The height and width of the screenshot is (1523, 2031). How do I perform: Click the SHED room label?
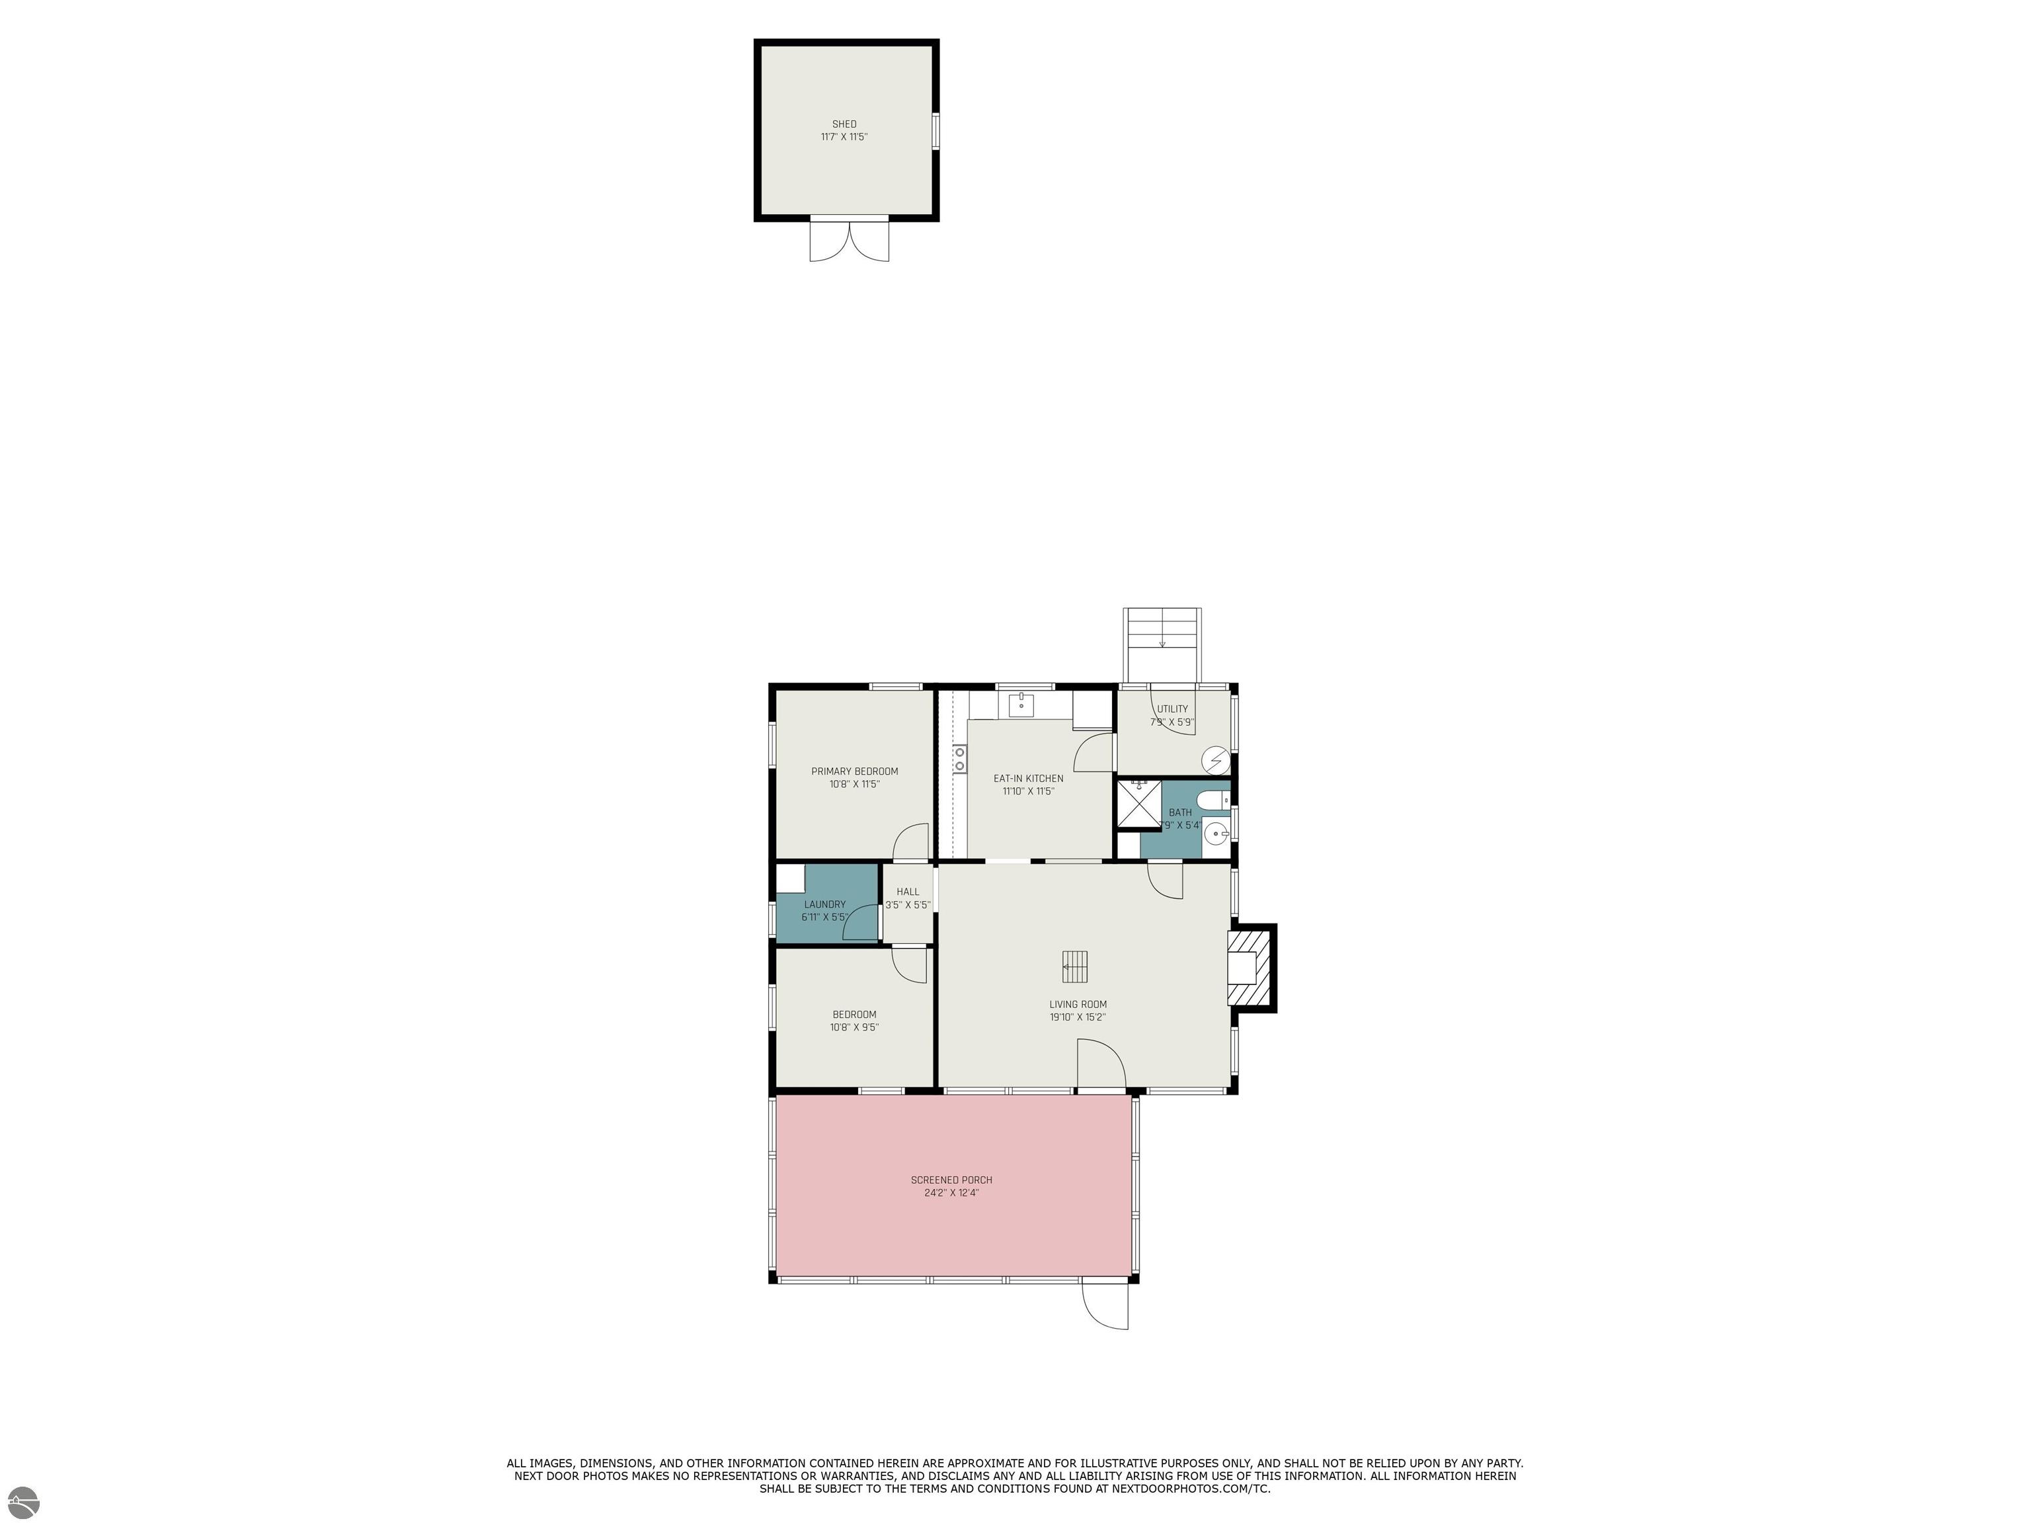(x=844, y=124)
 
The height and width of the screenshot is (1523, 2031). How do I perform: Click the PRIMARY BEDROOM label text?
(x=854, y=771)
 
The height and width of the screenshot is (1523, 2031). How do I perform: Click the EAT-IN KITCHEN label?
(x=1028, y=779)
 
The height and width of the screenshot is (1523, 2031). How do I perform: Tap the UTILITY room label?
(x=1172, y=709)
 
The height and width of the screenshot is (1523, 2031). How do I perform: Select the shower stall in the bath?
(x=1138, y=805)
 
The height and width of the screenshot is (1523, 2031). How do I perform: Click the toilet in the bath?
(x=1214, y=801)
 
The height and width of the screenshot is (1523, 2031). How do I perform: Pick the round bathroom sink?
(x=1216, y=834)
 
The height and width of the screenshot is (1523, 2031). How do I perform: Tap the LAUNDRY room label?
(x=824, y=904)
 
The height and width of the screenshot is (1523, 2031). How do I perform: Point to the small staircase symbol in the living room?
(x=1075, y=966)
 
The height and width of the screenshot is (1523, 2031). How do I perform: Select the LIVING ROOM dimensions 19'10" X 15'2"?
(x=1078, y=1017)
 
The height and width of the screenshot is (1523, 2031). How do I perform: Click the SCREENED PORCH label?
(x=951, y=1180)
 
